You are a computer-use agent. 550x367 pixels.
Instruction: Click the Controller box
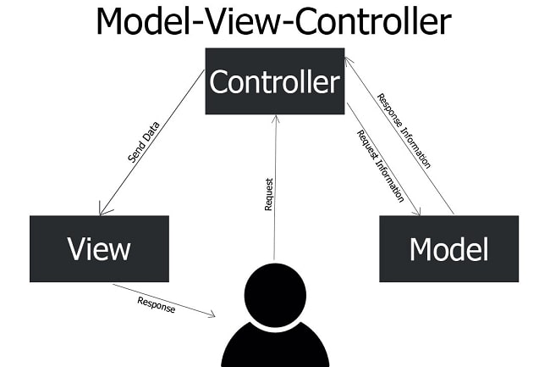[274, 81]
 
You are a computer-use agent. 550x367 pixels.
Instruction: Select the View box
[99, 248]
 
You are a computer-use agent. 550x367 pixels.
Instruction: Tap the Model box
[448, 248]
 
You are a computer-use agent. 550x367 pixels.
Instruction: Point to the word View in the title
[247, 22]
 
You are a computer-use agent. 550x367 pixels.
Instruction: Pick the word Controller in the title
[376, 22]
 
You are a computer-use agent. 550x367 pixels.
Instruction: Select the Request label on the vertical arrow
[268, 193]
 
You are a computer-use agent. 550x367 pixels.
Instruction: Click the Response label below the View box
[156, 303]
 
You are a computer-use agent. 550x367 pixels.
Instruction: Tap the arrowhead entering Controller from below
[275, 120]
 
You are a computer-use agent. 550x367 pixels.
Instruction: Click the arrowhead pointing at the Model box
[418, 212]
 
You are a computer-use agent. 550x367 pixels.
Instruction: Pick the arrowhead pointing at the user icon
[212, 315]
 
